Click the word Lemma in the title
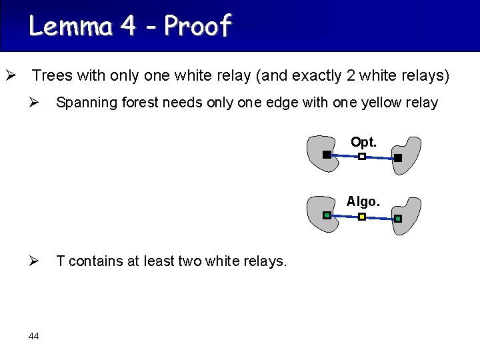[x=71, y=26]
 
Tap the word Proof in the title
[x=197, y=25]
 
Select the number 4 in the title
[x=127, y=26]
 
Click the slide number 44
[x=34, y=336]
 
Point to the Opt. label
[x=363, y=142]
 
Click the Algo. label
[x=363, y=201]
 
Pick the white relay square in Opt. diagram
[x=362, y=157]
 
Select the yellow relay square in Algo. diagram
[x=362, y=217]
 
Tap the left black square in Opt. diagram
[x=327, y=155]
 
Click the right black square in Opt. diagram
[x=398, y=158]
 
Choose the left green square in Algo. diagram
[x=327, y=215]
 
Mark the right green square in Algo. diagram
[x=398, y=219]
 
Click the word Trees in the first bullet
[x=53, y=75]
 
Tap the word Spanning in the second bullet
[x=87, y=103]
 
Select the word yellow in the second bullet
[x=381, y=103]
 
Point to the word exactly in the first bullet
[x=317, y=76]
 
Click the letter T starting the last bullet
[x=60, y=261]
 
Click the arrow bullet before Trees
[x=11, y=75]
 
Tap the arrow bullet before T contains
[x=34, y=261]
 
